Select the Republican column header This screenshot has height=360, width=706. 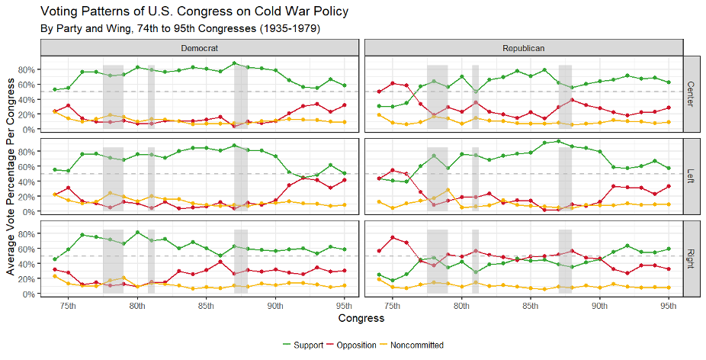pyautogui.click(x=523, y=47)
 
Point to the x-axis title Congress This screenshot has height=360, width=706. pyautogui.click(x=362, y=317)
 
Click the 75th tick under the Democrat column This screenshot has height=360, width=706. pyautogui.click(x=68, y=304)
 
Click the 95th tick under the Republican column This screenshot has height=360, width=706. pyautogui.click(x=669, y=304)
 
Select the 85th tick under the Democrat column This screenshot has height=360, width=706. pyautogui.click(x=207, y=304)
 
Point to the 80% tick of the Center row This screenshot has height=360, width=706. pyautogui.click(x=26, y=69)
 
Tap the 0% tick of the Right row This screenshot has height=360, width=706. pyautogui.click(x=29, y=294)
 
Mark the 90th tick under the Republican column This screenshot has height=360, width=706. pyautogui.click(x=599, y=304)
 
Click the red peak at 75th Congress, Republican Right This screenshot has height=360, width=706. pyautogui.click(x=393, y=238)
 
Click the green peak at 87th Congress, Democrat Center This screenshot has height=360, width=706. pyautogui.click(x=234, y=63)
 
